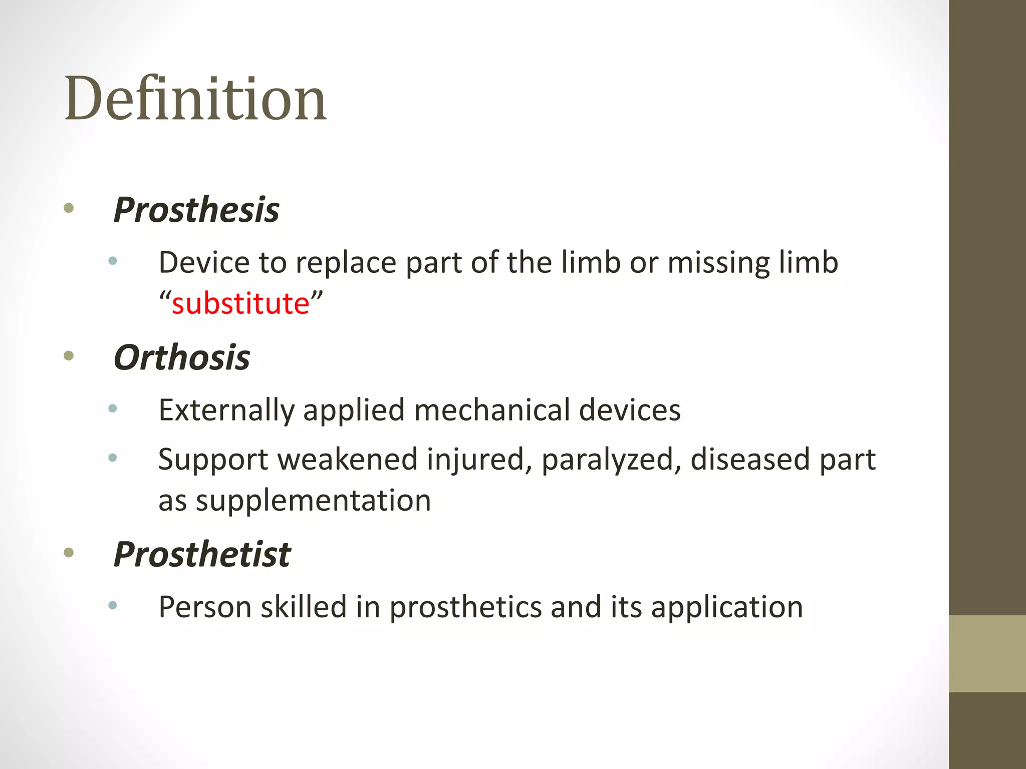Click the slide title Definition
click(x=195, y=99)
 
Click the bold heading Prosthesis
click(x=196, y=210)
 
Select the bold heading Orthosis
click(x=182, y=358)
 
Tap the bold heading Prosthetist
click(x=202, y=555)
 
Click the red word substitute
click(x=240, y=303)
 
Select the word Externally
click(x=226, y=411)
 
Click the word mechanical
click(x=492, y=410)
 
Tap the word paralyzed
click(x=611, y=460)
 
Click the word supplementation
click(x=313, y=501)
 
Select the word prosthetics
click(x=465, y=608)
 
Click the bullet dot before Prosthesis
click(x=69, y=208)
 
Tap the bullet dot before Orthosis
click(x=69, y=356)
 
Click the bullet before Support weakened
click(x=113, y=457)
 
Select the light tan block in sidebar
click(x=987, y=653)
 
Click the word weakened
click(x=347, y=459)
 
